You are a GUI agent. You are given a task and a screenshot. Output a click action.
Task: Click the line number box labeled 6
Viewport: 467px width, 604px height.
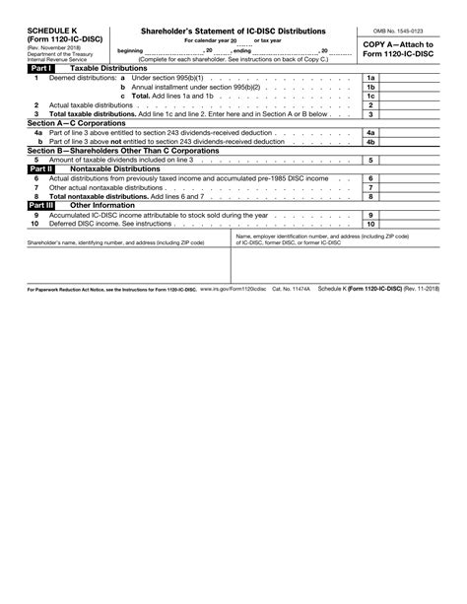coord(370,178)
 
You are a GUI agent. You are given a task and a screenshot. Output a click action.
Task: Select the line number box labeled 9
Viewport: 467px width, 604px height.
coord(370,215)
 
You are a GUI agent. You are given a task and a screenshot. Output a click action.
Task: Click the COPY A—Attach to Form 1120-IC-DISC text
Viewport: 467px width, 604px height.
coord(397,50)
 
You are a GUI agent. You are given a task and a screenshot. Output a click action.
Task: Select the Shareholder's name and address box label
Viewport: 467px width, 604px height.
coord(115,242)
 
